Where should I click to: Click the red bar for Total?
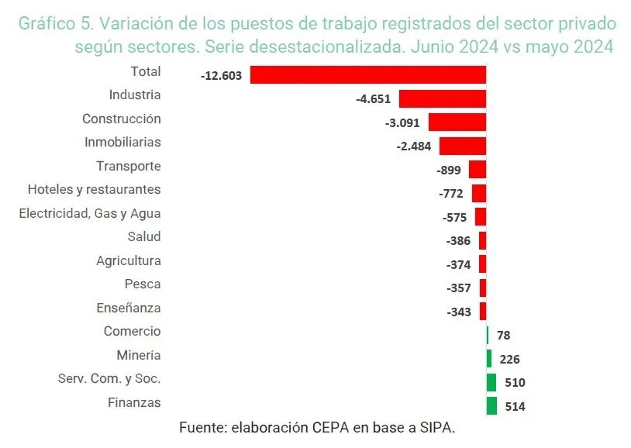[x=368, y=75]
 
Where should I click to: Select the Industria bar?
[x=442, y=99]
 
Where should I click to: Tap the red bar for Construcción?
[x=457, y=122]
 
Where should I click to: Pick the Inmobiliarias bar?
[x=462, y=146]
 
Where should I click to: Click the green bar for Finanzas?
[x=491, y=405]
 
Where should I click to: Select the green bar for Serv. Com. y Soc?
[x=491, y=382]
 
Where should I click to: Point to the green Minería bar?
[x=489, y=358]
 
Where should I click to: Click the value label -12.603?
[x=221, y=76]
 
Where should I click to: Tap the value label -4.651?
[x=374, y=100]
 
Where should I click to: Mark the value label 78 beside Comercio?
[x=504, y=336]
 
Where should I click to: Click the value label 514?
[x=515, y=406]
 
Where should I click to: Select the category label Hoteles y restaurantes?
[x=94, y=189]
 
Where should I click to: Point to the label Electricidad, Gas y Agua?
[x=90, y=213]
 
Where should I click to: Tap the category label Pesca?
[x=143, y=284]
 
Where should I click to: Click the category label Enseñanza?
[x=129, y=308]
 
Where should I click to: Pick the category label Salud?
[x=144, y=236]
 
